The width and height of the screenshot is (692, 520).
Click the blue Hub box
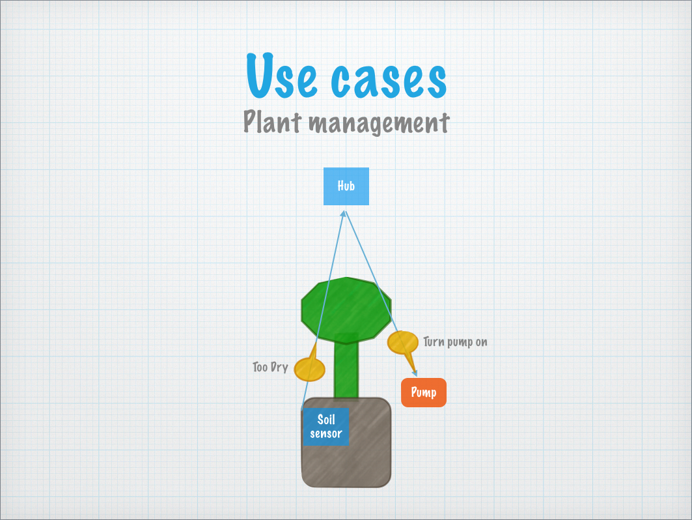tap(346, 186)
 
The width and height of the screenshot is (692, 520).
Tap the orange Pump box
tap(424, 392)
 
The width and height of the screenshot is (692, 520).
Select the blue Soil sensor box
tap(325, 427)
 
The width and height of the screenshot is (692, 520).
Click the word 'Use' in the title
tap(282, 76)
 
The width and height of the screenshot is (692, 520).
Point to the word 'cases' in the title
tap(389, 79)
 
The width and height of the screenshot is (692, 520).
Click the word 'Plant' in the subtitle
tap(272, 121)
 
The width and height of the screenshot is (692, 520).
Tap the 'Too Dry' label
tap(270, 367)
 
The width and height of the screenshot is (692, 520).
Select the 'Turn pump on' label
tap(455, 342)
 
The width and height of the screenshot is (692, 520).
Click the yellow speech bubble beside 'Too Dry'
tap(310, 368)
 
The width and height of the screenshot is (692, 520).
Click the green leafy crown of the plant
tap(346, 310)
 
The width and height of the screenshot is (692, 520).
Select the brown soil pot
tap(346, 442)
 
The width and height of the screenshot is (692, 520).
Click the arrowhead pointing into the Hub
tap(343, 213)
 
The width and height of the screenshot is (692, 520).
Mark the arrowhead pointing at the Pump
tap(414, 373)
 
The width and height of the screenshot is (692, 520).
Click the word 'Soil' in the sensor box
tap(326, 419)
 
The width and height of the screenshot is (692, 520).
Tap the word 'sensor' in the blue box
tap(326, 434)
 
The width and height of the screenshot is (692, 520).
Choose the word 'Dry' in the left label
tap(279, 368)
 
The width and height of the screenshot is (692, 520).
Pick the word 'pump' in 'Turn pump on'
tap(460, 343)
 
